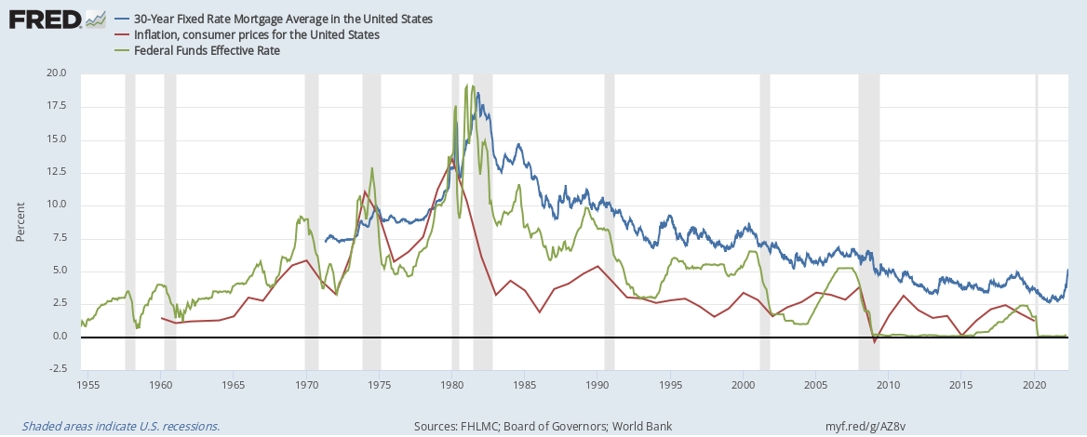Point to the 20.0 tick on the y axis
[x=57, y=73]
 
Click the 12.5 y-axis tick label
[x=57, y=172]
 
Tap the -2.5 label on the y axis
[x=58, y=369]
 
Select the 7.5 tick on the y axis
[x=60, y=238]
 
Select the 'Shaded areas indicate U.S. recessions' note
[x=114, y=427]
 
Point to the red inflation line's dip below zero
[x=875, y=342]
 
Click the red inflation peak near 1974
[x=365, y=192]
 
